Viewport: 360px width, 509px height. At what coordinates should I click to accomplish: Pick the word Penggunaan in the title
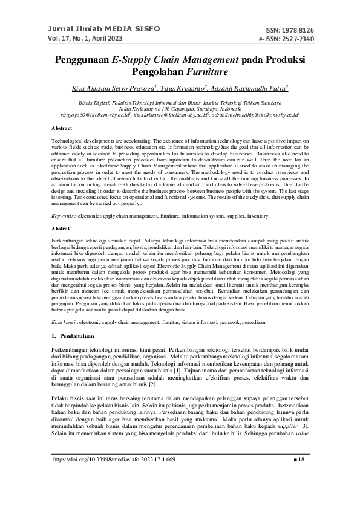tap(82, 60)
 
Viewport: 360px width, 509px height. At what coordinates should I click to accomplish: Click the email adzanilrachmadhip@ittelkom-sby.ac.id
tap(261, 114)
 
